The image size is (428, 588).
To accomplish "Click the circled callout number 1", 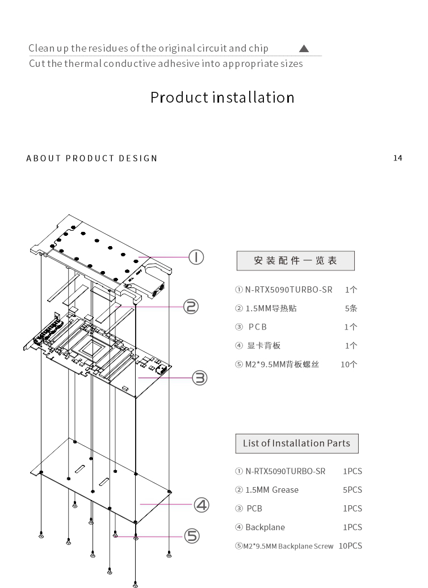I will click(x=196, y=257).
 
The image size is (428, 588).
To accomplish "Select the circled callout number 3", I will click(x=200, y=377).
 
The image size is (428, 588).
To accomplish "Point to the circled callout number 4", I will click(x=202, y=504).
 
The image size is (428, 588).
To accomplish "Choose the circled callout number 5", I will click(x=192, y=536).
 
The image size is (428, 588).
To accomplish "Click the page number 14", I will click(x=397, y=158).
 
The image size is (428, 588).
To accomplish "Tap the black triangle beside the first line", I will click(x=304, y=48).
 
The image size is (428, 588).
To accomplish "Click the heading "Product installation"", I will click(x=222, y=97).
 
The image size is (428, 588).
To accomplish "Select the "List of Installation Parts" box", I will click(x=297, y=443).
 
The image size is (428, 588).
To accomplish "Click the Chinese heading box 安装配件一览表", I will click(x=295, y=261).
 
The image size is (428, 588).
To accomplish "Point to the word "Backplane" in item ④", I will click(x=265, y=527).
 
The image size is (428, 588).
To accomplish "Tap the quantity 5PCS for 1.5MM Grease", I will click(x=352, y=490).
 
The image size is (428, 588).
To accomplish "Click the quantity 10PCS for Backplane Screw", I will click(x=350, y=546).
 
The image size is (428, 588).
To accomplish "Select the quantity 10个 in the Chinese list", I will click(x=349, y=365).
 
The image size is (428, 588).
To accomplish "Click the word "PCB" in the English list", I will click(x=254, y=509).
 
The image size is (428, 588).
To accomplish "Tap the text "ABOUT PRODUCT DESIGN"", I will click(x=92, y=158).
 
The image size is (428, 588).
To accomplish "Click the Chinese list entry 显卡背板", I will click(x=263, y=346).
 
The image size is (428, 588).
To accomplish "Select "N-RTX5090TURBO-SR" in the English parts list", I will click(x=285, y=471).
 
